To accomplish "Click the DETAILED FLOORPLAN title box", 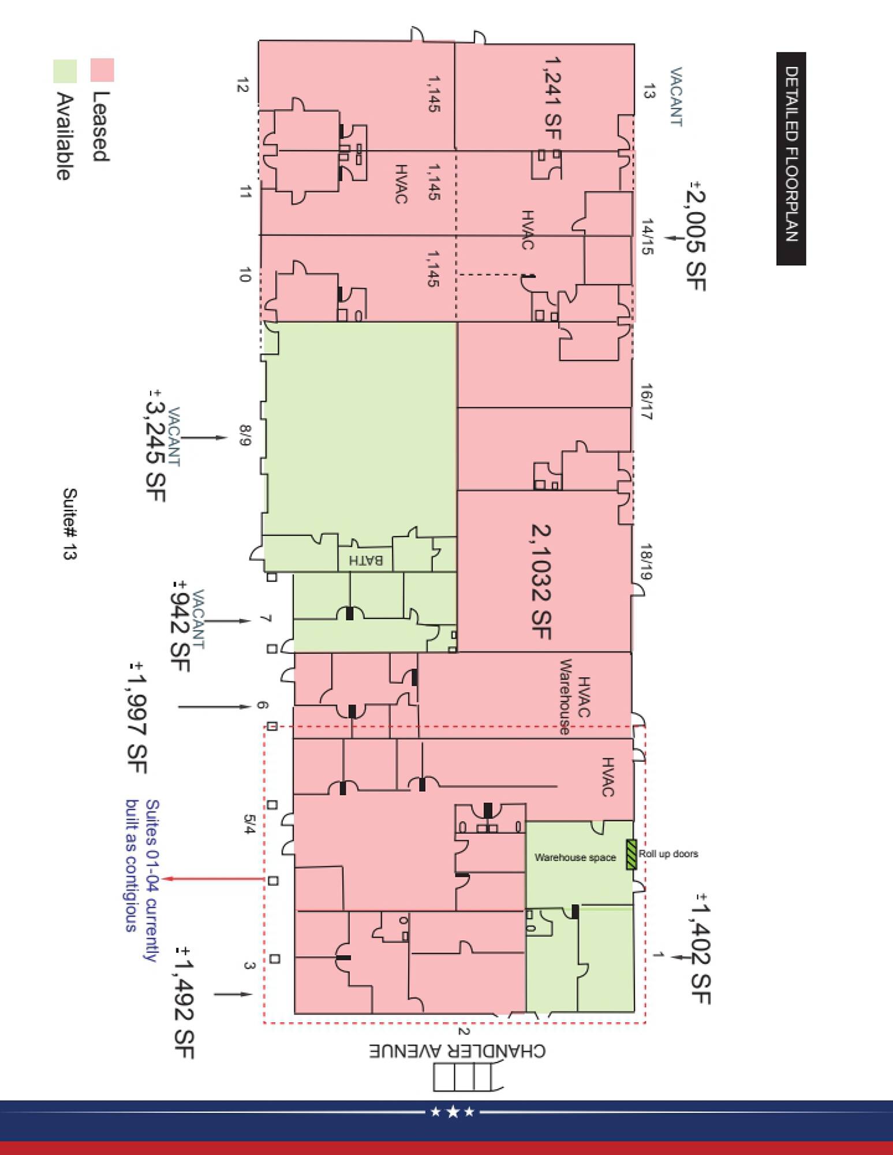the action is (x=791, y=159).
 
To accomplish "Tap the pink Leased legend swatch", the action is (x=102, y=70).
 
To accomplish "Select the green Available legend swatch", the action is (x=65, y=71).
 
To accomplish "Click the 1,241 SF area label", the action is (x=552, y=98).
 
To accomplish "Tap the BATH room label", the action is (x=366, y=560).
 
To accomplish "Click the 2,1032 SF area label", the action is (x=540, y=582).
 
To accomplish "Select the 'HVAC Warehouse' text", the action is (x=574, y=696).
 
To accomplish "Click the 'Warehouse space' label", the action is (x=575, y=858).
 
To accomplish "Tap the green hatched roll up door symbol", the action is (x=631, y=855).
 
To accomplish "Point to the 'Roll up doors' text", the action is (x=668, y=854).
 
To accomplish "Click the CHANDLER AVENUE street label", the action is (x=457, y=1050).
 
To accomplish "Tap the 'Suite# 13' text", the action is (x=69, y=524).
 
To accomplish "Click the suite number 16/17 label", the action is (x=647, y=401).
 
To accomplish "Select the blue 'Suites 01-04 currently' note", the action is (x=151, y=881).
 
